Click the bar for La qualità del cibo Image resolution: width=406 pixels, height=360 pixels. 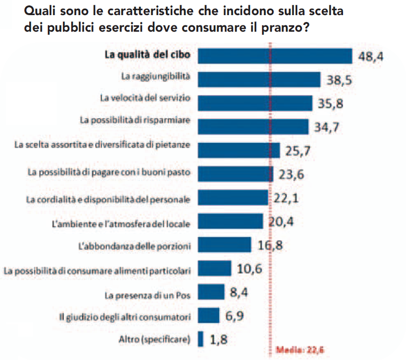tap(275, 55)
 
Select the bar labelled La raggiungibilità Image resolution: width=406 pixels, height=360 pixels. tap(259, 79)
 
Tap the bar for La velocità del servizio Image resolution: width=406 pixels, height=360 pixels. tap(255, 103)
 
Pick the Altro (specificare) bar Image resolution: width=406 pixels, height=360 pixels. tap(201, 339)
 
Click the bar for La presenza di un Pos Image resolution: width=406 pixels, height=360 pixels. tap(211, 292)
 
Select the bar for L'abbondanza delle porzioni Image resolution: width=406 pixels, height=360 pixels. tap(224, 244)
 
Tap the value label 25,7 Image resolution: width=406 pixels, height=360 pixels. tap(298, 151)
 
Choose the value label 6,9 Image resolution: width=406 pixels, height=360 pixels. tap(234, 316)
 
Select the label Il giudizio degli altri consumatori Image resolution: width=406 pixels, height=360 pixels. tap(124, 317)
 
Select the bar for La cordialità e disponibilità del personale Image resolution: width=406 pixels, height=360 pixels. tap(234, 197)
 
